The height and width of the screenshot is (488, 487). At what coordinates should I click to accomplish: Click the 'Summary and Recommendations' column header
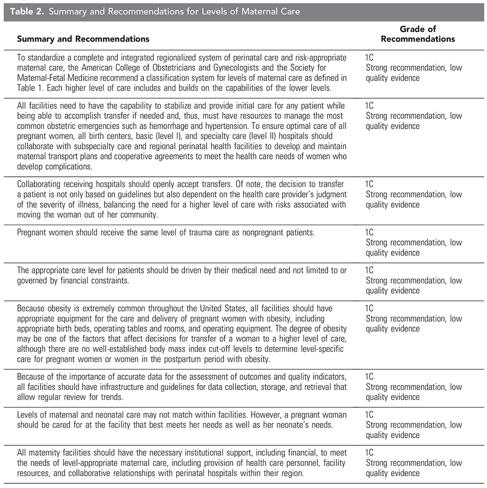coord(83,39)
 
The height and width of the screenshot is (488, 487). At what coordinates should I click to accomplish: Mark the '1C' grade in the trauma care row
coord(371,232)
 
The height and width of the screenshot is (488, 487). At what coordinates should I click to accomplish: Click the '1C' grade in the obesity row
coord(371,308)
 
